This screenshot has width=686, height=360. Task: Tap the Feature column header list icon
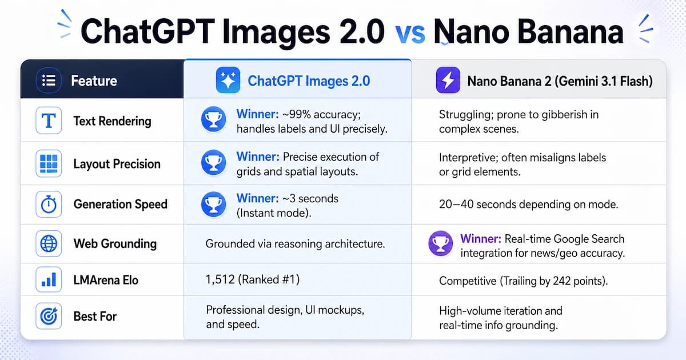[x=49, y=81]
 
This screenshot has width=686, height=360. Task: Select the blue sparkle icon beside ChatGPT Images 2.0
[x=228, y=81]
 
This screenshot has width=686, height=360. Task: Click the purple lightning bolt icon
[x=448, y=81]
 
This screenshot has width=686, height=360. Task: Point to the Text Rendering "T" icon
[x=49, y=121]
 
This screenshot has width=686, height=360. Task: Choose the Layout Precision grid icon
[x=49, y=164]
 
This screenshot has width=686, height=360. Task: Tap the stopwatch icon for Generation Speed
[x=49, y=204]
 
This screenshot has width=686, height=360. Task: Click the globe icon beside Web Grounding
[x=49, y=243]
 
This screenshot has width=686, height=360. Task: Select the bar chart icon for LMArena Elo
[x=49, y=280]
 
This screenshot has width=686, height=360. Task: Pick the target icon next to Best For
[x=49, y=316]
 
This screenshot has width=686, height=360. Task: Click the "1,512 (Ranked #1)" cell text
[x=252, y=280]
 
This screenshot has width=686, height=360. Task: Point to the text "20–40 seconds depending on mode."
[x=528, y=205]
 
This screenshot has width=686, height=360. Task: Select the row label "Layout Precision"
[x=117, y=165]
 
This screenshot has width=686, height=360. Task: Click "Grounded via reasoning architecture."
[x=295, y=244]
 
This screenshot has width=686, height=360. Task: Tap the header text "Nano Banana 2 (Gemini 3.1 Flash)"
[x=560, y=81]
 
